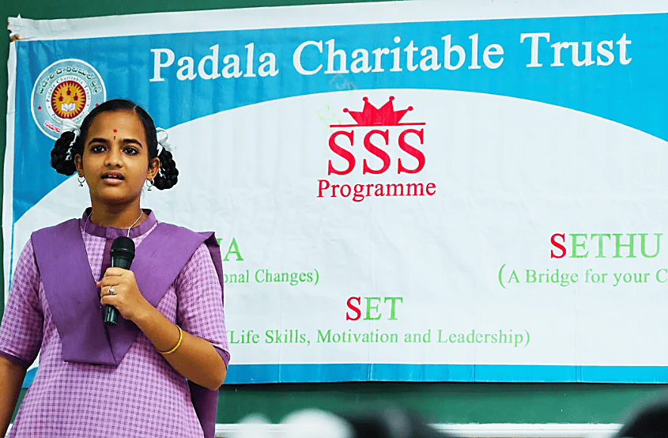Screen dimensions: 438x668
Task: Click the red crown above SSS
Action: pyautogui.click(x=377, y=112)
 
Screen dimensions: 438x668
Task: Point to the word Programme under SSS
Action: pyautogui.click(x=376, y=189)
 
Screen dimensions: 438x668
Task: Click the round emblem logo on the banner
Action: pyautogui.click(x=68, y=99)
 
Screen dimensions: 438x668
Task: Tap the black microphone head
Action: pyautogui.click(x=122, y=253)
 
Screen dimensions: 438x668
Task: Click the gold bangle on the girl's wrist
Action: pyautogui.click(x=171, y=344)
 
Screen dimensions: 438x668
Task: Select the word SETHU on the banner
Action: pyautogui.click(x=606, y=246)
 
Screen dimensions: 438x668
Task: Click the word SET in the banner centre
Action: pyautogui.click(x=374, y=308)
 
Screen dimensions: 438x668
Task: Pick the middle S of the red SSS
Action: pyautogui.click(x=377, y=152)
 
